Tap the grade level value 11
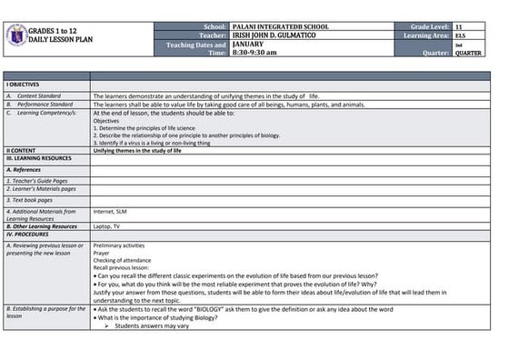click(459, 28)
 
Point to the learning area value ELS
click(460, 36)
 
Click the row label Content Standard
click(39, 95)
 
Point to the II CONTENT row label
click(21, 150)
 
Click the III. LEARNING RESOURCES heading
click(40, 158)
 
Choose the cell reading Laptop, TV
click(106, 226)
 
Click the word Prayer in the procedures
click(103, 254)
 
